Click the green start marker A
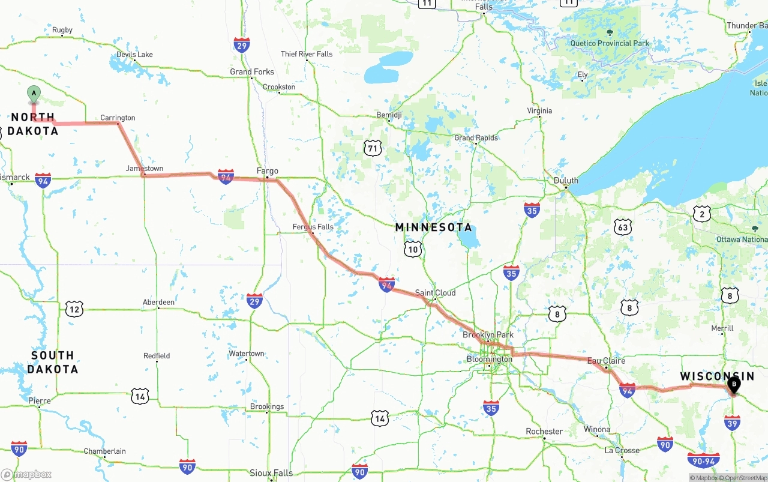pyautogui.click(x=34, y=94)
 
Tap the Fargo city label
pyautogui.click(x=267, y=171)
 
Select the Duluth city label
pyautogui.click(x=566, y=180)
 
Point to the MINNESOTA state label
pyautogui.click(x=434, y=227)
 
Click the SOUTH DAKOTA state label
pyautogui.click(x=52, y=362)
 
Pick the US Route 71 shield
pyautogui.click(x=373, y=148)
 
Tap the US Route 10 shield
pyautogui.click(x=413, y=249)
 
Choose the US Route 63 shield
pyautogui.click(x=623, y=227)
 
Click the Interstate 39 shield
pyautogui.click(x=731, y=424)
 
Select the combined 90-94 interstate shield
pyautogui.click(x=704, y=460)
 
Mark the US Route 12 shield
pyautogui.click(x=74, y=309)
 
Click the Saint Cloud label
pyautogui.click(x=435, y=293)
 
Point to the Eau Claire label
pyautogui.click(x=606, y=361)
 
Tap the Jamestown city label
pyautogui.click(x=145, y=169)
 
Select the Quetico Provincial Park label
pyautogui.click(x=610, y=43)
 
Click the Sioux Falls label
pyautogui.click(x=271, y=473)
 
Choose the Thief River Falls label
pyautogui.click(x=307, y=54)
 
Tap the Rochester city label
pyautogui.click(x=544, y=432)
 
